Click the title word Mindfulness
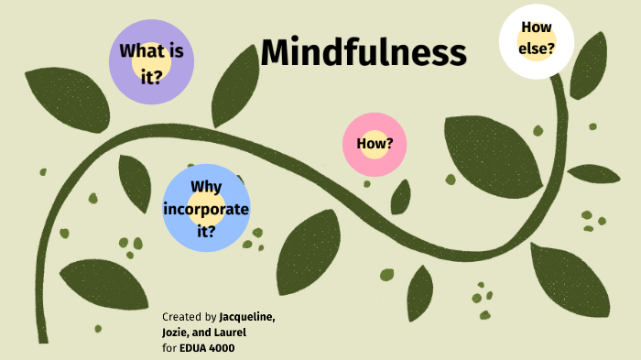pos(364,52)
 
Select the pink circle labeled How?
pos(375,144)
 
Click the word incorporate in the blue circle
pos(206,209)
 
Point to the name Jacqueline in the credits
pos(246,317)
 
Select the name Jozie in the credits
pos(177,332)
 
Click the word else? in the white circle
pos(536,48)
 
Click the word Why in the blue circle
pos(206,188)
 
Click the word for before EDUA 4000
pos(170,347)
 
